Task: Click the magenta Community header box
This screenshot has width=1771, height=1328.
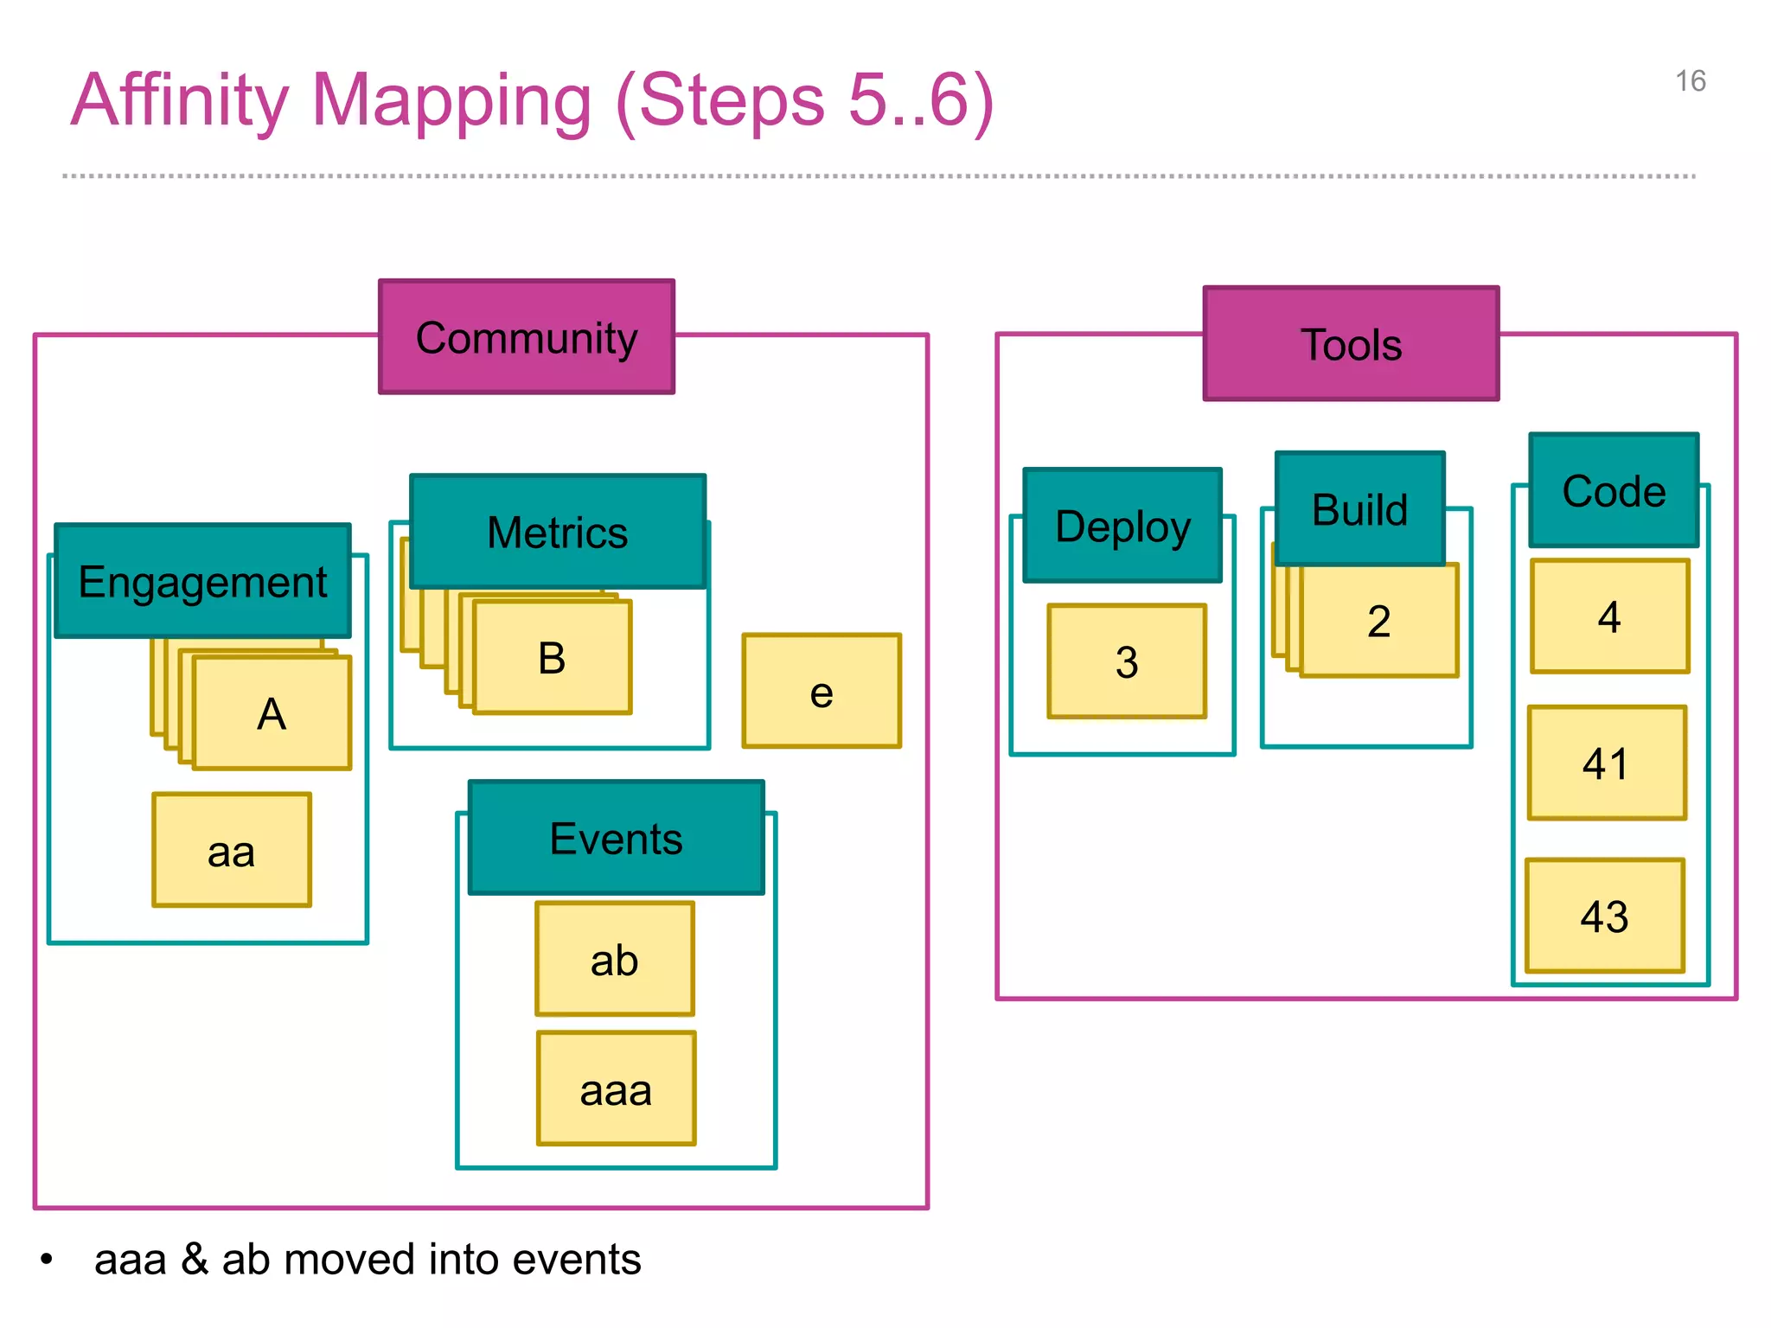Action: (526, 337)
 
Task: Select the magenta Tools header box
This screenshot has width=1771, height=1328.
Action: (1351, 344)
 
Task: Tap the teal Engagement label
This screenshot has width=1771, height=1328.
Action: (202, 581)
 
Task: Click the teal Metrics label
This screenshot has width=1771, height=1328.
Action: (558, 532)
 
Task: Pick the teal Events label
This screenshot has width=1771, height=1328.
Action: (616, 838)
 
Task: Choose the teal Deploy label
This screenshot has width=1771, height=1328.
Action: (1122, 526)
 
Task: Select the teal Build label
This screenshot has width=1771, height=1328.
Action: (1359, 508)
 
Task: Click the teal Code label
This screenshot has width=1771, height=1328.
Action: (1614, 490)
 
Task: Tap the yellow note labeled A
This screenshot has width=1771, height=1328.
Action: (272, 713)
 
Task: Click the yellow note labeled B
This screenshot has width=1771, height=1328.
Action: (552, 658)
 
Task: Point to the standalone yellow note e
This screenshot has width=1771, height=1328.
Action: (822, 692)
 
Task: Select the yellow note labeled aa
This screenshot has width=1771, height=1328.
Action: (231, 851)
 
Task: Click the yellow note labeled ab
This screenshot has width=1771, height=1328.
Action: (615, 960)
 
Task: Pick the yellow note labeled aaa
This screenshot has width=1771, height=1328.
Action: (616, 1089)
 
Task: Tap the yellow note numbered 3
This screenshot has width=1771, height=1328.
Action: (1127, 661)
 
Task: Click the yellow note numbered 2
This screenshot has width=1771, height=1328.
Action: (1379, 621)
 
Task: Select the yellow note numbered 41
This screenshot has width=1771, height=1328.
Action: (1607, 763)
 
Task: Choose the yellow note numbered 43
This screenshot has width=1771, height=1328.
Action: (1605, 916)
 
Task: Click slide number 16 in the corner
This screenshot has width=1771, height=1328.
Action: (1690, 81)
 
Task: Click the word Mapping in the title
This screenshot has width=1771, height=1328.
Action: (451, 101)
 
